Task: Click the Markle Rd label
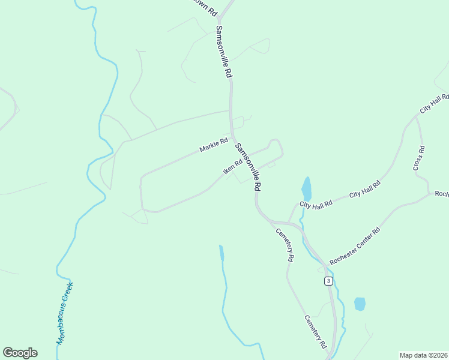tap(214, 145)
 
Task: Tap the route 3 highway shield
tap(328, 281)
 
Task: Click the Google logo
tap(20, 353)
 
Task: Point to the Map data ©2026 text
tap(423, 355)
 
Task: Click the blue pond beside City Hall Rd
tap(306, 189)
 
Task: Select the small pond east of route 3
tap(360, 304)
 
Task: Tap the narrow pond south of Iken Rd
tap(221, 252)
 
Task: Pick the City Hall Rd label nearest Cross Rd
tap(435, 104)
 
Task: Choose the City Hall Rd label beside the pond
tap(316, 204)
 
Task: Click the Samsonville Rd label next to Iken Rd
tap(248, 167)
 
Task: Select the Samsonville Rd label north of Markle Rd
tap(223, 52)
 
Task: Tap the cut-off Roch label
tap(441, 194)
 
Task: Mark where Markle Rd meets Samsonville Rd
tap(232, 136)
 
